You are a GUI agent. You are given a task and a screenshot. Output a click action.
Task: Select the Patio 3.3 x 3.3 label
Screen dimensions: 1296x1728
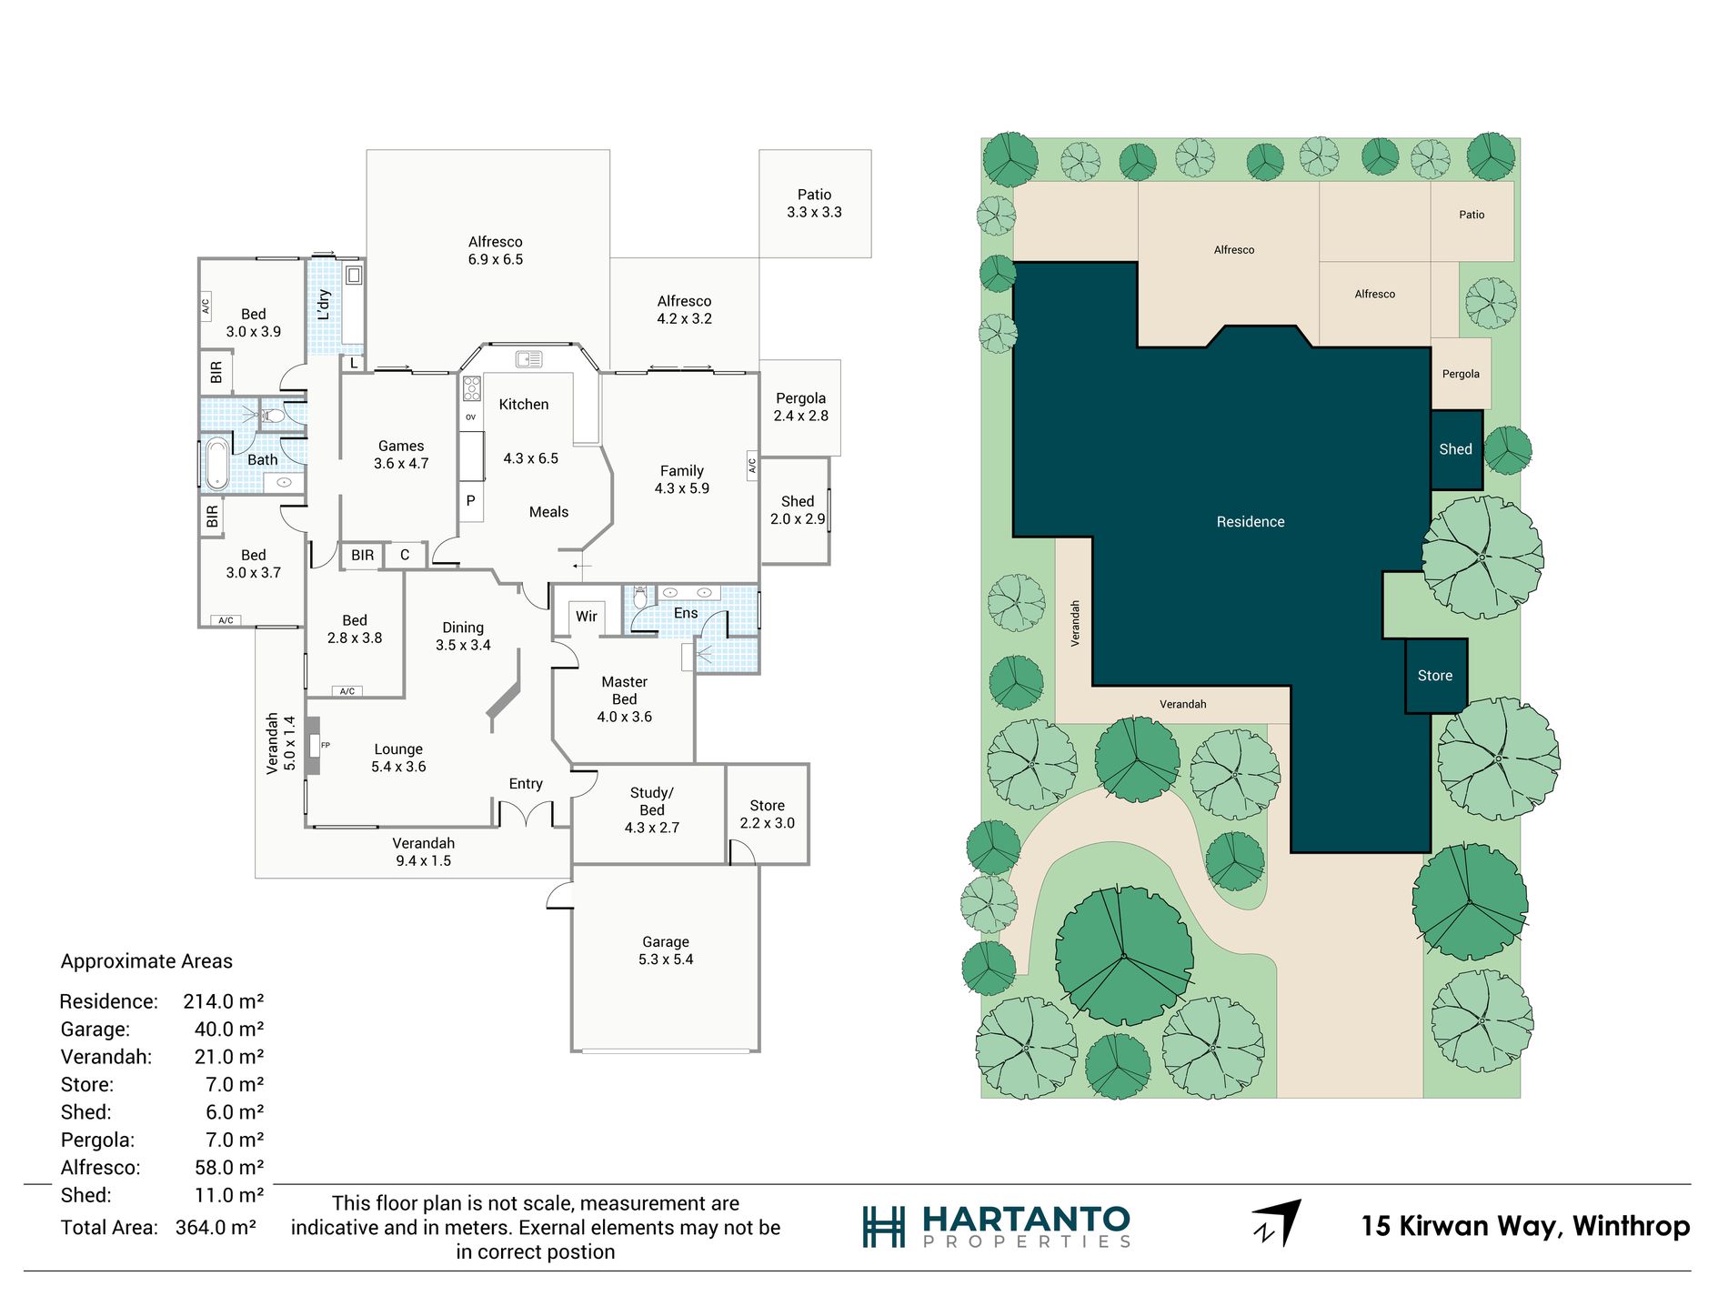[x=814, y=204]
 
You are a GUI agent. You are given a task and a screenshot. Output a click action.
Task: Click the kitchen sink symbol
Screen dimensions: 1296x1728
[x=528, y=359]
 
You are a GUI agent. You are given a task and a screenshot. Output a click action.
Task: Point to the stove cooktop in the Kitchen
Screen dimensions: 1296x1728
[x=471, y=388]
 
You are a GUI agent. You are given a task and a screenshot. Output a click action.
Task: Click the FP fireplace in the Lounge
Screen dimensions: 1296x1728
[x=314, y=746]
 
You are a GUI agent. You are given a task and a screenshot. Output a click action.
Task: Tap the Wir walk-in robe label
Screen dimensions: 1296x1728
[x=587, y=617]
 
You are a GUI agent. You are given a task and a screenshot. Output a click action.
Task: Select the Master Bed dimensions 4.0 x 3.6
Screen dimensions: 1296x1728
[x=624, y=717]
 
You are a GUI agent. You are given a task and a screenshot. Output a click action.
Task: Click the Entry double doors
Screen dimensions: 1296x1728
[x=526, y=812]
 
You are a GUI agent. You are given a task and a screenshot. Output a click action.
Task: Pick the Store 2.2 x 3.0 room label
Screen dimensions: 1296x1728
[x=767, y=814]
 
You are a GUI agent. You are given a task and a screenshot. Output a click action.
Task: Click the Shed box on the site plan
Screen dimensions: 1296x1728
[x=1455, y=449]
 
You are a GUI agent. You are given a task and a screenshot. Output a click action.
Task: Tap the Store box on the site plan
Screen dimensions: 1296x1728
[x=1435, y=676]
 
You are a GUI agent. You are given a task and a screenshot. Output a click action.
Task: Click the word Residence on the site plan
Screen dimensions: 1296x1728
[x=1251, y=522]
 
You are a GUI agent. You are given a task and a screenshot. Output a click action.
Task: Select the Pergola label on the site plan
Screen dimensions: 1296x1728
[x=1461, y=374]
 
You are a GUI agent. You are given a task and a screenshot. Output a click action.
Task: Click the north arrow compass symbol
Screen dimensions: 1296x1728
[x=1278, y=1223]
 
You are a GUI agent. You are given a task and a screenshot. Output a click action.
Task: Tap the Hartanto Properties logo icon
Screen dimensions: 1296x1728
[x=883, y=1227]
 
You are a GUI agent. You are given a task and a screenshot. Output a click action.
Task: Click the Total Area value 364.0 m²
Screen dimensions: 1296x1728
[x=216, y=1228]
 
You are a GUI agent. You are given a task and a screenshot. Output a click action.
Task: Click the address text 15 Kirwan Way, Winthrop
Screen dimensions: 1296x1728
[x=1525, y=1226]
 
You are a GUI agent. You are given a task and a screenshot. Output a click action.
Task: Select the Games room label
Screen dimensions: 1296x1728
[x=401, y=447]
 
